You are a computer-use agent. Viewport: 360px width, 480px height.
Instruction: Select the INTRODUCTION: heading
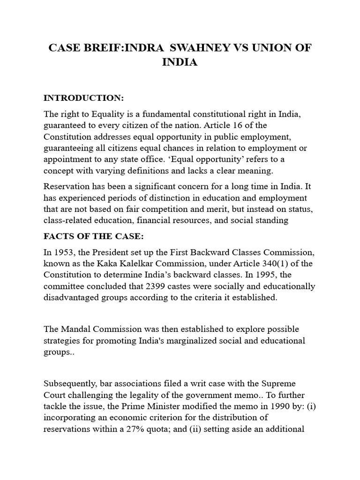[x=83, y=98]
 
